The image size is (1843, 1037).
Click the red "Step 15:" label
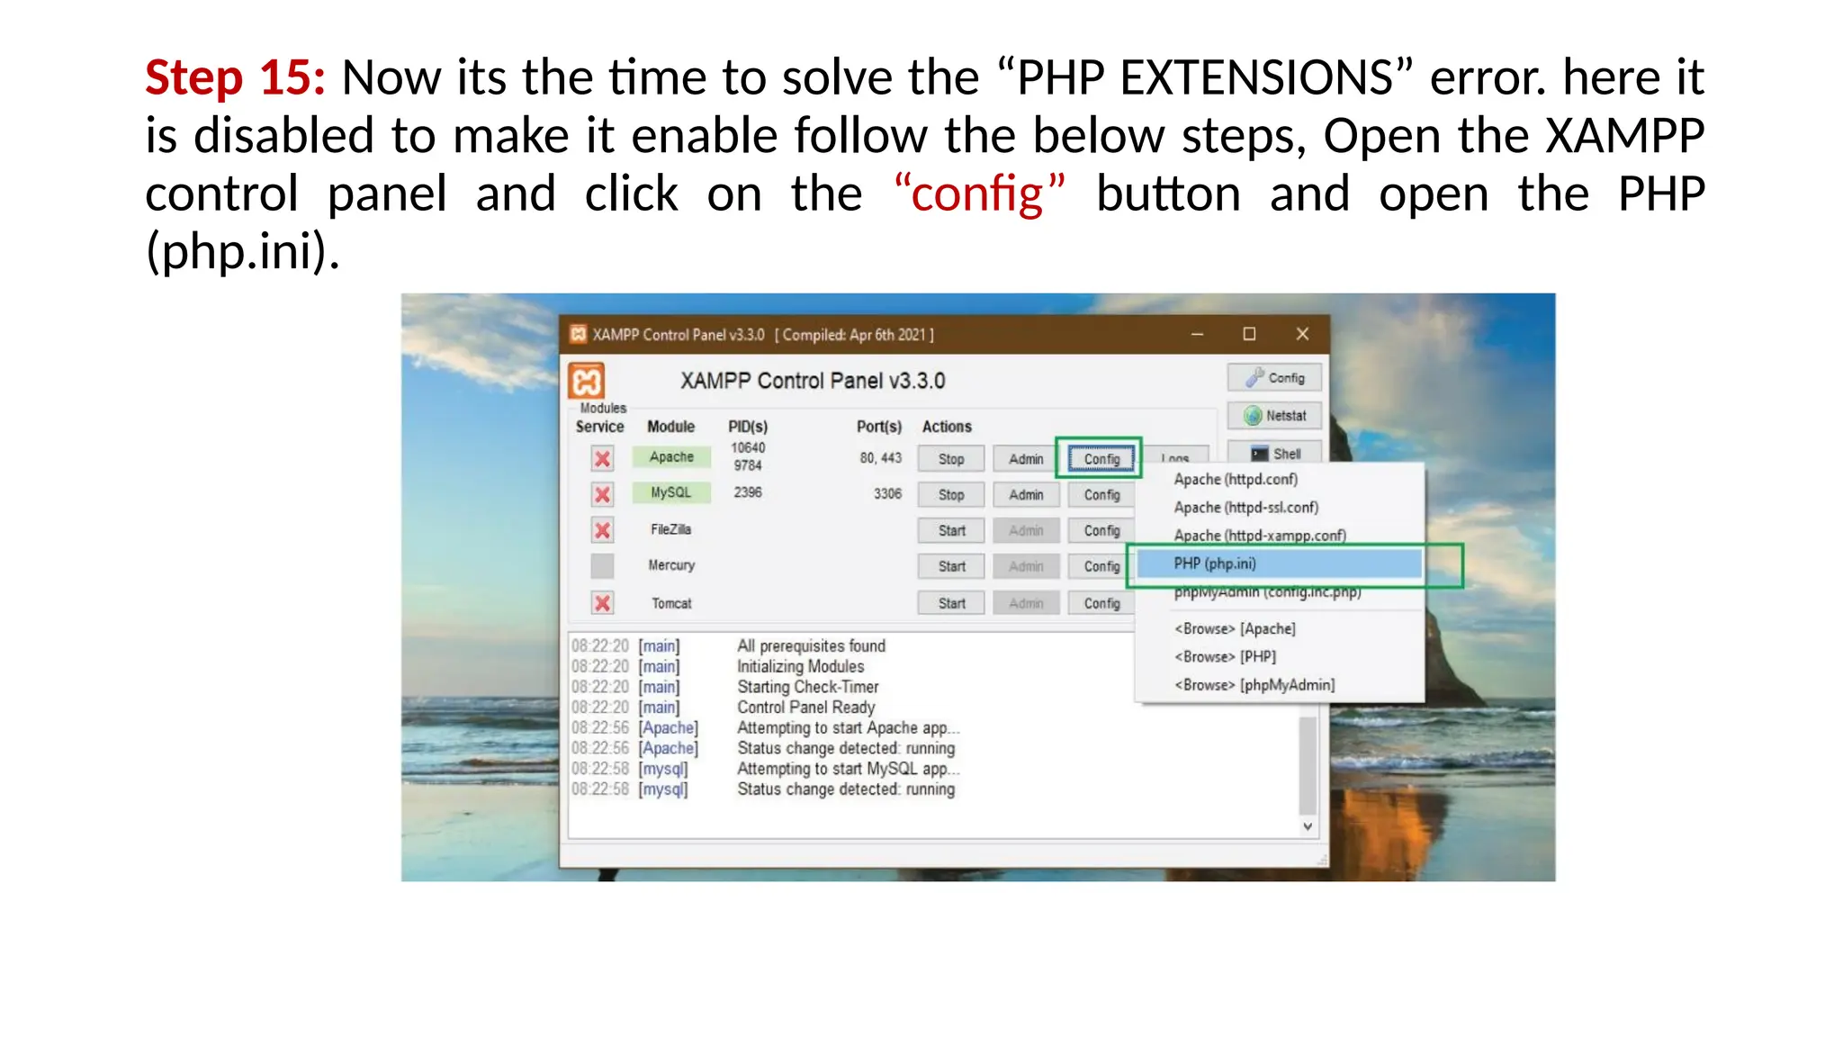coord(235,77)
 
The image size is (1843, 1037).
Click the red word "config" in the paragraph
coord(978,194)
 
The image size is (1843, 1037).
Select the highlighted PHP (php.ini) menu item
coord(1215,564)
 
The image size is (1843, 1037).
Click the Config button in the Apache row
coord(1101,459)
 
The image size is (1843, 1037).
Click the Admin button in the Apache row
coord(1026,459)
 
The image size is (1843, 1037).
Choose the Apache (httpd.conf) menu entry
coord(1236,480)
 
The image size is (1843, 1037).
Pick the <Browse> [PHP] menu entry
coord(1225,657)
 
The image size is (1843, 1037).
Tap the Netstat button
coord(1275,416)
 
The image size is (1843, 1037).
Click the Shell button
coord(1275,454)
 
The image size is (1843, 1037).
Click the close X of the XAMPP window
coord(1302,334)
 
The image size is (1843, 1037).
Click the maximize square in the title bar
coord(1249,334)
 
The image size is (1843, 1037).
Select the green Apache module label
coord(671,457)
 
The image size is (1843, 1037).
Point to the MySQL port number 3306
coord(887,494)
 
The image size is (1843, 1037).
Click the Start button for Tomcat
coord(951,603)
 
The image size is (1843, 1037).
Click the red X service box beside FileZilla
coord(603,530)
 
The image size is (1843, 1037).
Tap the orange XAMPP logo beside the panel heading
coord(587,382)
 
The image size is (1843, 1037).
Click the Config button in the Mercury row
coord(1101,566)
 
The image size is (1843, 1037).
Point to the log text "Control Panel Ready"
coord(805,708)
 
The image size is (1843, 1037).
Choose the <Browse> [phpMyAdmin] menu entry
coord(1254,685)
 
